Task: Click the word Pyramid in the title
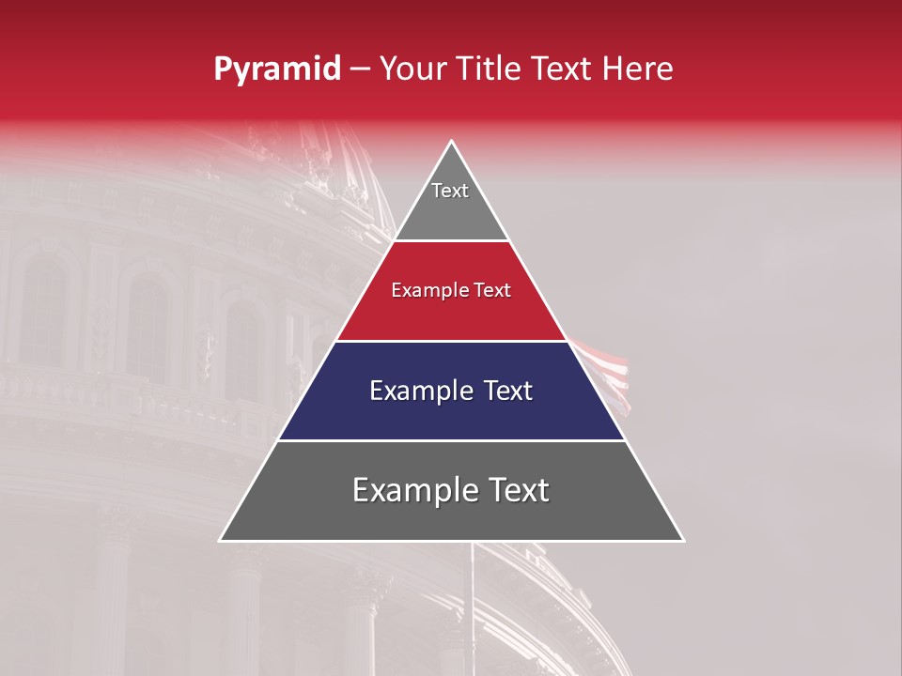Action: coord(276,69)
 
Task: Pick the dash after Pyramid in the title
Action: coord(360,70)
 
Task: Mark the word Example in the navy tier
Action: coord(412,391)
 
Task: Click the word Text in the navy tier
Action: coord(506,391)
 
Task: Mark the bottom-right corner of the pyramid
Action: coord(682,540)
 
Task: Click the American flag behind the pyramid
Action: coord(606,371)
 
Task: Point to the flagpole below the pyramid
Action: coord(472,601)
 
